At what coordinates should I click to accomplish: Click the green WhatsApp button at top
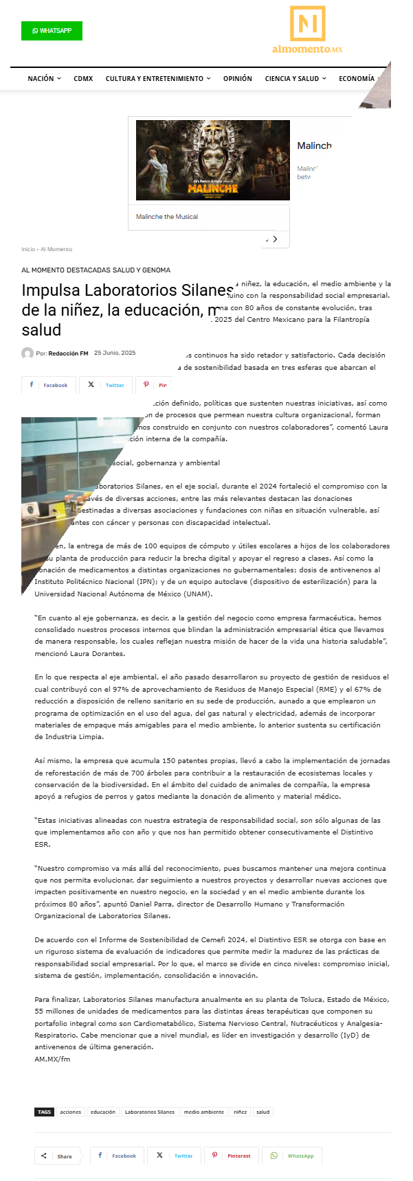click(52, 31)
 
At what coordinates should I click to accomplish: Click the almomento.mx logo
click(307, 30)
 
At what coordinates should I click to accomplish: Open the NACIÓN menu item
click(44, 79)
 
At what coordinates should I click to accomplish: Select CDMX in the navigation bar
click(83, 79)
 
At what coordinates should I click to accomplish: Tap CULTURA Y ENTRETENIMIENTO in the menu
click(158, 79)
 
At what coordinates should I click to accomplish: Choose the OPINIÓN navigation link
click(238, 79)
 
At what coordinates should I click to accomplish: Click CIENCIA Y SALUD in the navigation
click(295, 79)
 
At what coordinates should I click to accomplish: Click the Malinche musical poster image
click(212, 161)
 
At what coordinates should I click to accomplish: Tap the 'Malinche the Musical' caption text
click(167, 217)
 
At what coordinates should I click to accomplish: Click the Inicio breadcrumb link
click(28, 249)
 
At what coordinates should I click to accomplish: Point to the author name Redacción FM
click(68, 353)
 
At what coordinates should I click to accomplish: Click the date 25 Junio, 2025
click(115, 353)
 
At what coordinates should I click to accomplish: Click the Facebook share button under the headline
click(48, 385)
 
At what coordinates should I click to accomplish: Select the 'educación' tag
click(103, 1112)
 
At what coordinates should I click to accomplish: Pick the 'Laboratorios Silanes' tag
click(150, 1112)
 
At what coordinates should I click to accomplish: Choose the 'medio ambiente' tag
click(204, 1112)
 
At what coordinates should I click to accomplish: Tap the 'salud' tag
click(263, 1112)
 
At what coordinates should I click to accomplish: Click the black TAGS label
click(45, 1112)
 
